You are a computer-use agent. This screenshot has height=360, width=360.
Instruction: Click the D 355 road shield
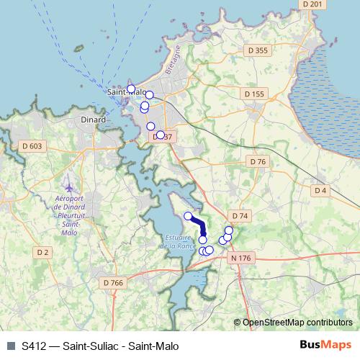pyautogui.click(x=256, y=50)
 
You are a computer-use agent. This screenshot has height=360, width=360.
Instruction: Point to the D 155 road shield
pyautogui.click(x=254, y=94)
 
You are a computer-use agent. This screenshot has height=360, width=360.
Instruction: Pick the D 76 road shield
pyautogui.click(x=256, y=162)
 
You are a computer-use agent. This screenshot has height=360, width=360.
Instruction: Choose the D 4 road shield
pyautogui.click(x=321, y=190)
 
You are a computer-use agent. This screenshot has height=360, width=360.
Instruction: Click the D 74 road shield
pyautogui.click(x=240, y=216)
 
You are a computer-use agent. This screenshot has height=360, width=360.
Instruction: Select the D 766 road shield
pyautogui.click(x=113, y=283)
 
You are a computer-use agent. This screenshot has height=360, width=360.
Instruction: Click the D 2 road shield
pyautogui.click(x=43, y=252)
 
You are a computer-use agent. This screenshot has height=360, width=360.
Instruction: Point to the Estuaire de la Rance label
pyautogui.click(x=179, y=242)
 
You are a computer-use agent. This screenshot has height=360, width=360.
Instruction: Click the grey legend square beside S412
pyautogui.click(x=11, y=346)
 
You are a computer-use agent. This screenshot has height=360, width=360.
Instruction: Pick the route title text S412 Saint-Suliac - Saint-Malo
pyautogui.click(x=100, y=346)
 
